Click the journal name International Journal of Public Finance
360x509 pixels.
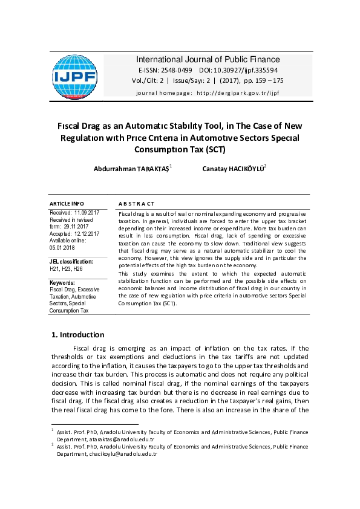pos(208,59)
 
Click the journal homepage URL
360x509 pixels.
pos(238,92)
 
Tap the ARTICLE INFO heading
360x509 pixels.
pos(67,204)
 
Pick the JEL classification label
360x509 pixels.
pos(71,261)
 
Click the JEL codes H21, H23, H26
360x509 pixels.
pos(66,268)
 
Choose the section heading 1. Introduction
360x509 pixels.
pos(77,334)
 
